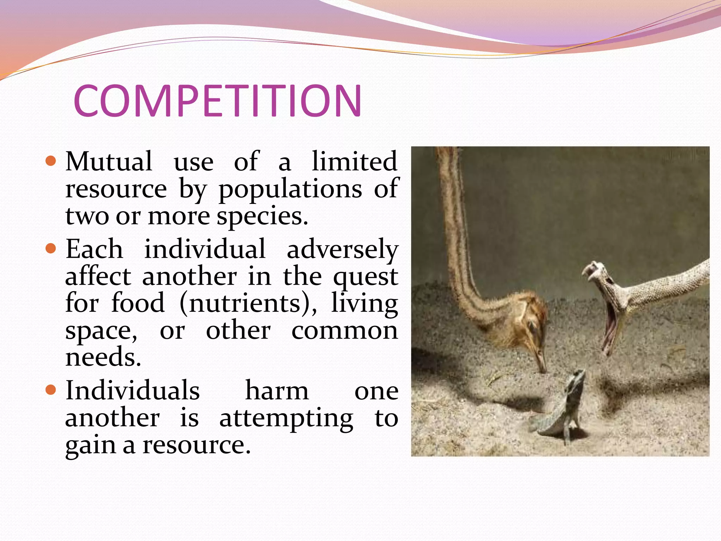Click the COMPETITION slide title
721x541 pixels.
(217, 101)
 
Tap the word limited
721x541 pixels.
(355, 161)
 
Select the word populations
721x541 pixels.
(290, 189)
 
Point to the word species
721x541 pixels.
(262, 217)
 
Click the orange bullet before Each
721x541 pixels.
(51, 249)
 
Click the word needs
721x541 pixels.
(103, 357)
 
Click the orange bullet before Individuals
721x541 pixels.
(51, 390)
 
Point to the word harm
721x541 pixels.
(277, 391)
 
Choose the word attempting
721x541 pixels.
(286, 419)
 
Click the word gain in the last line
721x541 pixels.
(90, 446)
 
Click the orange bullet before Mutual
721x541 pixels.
(51, 161)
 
